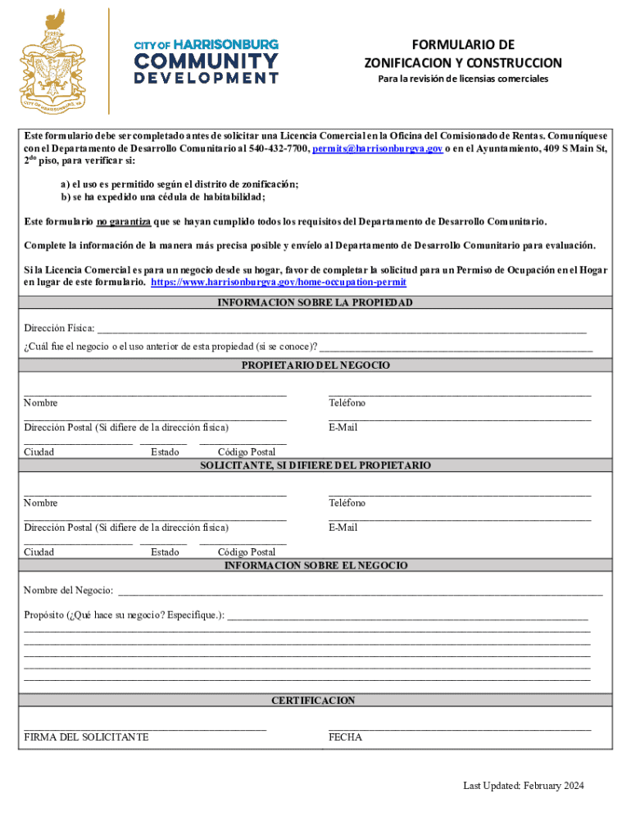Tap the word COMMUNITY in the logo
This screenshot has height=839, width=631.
click(206, 61)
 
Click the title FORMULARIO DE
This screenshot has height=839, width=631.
click(463, 45)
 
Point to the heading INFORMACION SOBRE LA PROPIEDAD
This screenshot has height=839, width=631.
click(315, 302)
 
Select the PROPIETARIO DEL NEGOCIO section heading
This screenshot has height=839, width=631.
click(315, 365)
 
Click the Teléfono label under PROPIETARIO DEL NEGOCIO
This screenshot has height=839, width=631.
click(347, 403)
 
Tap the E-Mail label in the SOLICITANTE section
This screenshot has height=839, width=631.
click(343, 528)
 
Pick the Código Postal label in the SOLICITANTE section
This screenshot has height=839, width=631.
click(247, 552)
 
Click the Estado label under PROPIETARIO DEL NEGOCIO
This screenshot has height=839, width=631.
click(165, 452)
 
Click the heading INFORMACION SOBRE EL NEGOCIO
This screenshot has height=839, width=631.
click(315, 566)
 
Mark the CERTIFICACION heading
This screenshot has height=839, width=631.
click(315, 701)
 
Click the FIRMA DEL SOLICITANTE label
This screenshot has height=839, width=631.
click(86, 737)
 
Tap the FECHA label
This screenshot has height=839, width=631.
click(345, 737)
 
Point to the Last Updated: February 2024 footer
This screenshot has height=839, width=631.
click(523, 786)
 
